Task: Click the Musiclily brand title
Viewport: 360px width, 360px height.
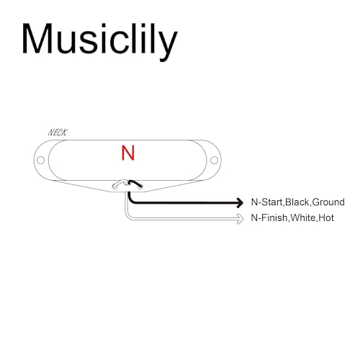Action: click(x=99, y=41)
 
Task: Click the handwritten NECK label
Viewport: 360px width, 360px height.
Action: click(x=58, y=132)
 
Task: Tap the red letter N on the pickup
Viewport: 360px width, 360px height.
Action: click(x=128, y=153)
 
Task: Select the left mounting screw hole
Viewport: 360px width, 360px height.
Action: click(x=41, y=160)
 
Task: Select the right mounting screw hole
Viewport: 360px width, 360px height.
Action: click(x=214, y=160)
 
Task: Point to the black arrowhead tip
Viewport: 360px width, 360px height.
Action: click(x=243, y=203)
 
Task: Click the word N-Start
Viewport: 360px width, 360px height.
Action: click(x=267, y=202)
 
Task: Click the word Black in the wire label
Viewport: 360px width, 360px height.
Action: click(x=297, y=202)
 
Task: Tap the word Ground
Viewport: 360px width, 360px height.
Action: click(x=328, y=202)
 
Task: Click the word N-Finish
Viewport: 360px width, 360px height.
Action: click(x=269, y=218)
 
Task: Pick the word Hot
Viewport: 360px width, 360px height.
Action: click(x=326, y=218)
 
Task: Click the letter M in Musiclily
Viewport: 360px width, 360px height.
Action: click(x=37, y=38)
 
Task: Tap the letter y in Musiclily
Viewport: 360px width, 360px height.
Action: click(x=168, y=45)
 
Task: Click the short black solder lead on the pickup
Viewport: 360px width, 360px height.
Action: click(x=135, y=184)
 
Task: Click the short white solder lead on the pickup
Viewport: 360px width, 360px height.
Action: click(x=119, y=184)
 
